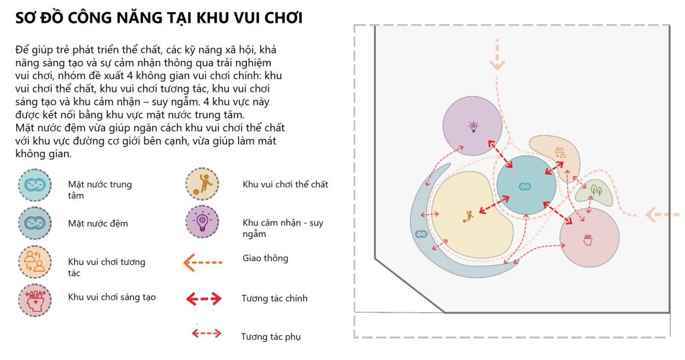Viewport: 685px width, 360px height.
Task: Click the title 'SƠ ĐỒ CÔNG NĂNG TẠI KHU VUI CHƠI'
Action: pos(159,18)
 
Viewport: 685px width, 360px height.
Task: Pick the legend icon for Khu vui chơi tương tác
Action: pos(33,262)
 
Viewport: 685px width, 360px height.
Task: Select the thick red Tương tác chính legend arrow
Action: pos(203,298)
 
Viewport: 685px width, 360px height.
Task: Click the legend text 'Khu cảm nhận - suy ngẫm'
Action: pos(283,228)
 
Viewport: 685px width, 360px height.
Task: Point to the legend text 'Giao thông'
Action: pos(266,258)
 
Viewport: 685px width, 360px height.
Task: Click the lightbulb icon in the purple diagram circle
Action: pos(473,126)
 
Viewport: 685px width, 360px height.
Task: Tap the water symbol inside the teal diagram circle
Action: pos(526,185)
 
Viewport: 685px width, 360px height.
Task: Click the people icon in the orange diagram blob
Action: pos(560,153)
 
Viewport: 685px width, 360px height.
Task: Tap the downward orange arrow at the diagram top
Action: pos(497,58)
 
